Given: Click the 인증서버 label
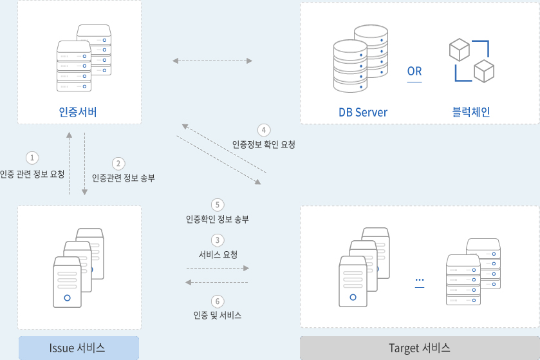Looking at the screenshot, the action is (78, 112).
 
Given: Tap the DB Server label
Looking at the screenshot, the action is (363, 112).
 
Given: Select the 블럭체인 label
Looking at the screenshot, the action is (471, 112).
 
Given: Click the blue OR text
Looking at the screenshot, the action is (414, 71).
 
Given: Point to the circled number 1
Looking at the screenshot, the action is (32, 158).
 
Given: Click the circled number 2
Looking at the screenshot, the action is (118, 164).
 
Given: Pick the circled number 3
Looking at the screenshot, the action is (218, 240).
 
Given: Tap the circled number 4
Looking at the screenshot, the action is (264, 130).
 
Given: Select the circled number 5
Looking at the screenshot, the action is (218, 205).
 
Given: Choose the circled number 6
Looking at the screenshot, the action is (218, 301).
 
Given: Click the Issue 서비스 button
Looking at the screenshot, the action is (79, 348).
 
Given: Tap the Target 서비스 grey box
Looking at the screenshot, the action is (420, 348).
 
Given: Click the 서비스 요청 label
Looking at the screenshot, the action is (218, 254).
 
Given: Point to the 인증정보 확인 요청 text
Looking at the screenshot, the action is (263, 144).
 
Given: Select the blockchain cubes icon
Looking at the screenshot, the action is (472, 61).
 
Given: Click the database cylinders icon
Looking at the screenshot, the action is (360, 59).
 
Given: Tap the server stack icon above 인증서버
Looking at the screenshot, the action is (84, 58).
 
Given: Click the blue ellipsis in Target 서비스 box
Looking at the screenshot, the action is (420, 279).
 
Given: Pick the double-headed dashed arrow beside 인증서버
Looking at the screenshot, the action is (212, 61).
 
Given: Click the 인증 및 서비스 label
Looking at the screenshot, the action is (218, 315).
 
